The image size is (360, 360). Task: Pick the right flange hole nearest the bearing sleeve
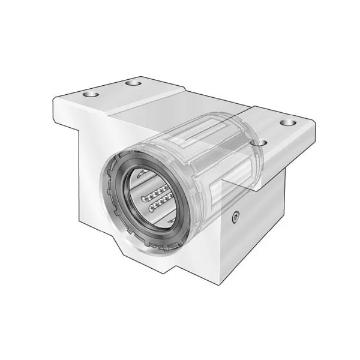(x=260, y=143)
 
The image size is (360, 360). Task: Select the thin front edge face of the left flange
(x=78, y=111)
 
